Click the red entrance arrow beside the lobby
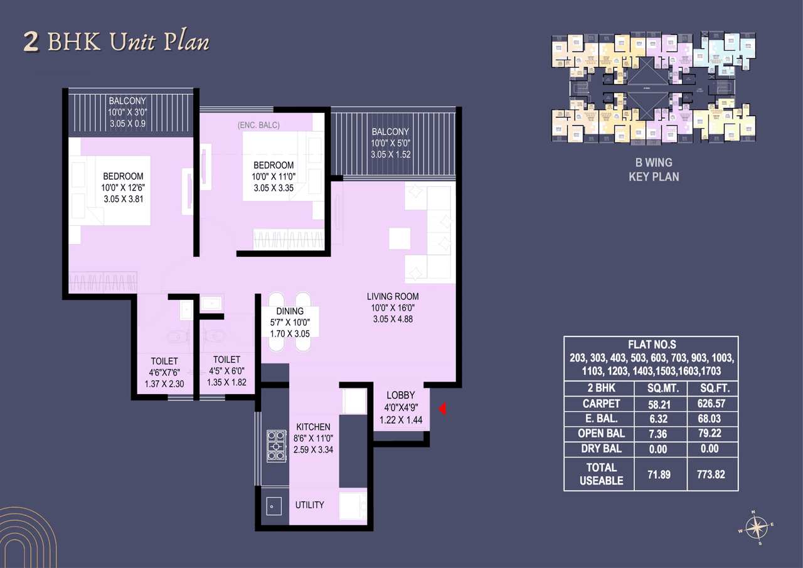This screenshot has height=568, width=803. [x=442, y=410]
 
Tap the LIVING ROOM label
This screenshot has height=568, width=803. [x=393, y=296]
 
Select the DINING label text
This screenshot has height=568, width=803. [x=289, y=311]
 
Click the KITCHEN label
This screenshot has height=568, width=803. [x=313, y=427]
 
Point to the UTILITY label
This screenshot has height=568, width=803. [x=309, y=505]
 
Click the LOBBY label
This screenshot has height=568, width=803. [x=401, y=395]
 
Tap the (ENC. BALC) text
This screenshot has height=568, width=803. [x=258, y=126]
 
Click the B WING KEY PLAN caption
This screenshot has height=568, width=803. [x=654, y=169]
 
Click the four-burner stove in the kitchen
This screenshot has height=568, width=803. [x=276, y=446]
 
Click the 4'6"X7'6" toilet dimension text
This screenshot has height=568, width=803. [x=164, y=373]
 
